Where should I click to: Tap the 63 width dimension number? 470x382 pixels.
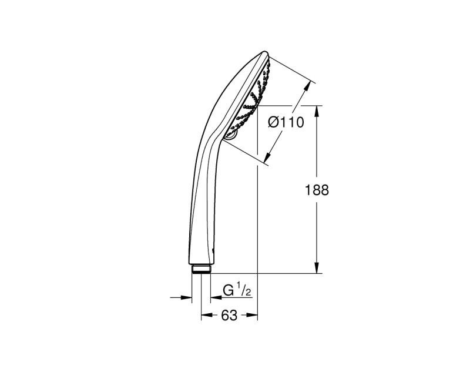click(x=229, y=316)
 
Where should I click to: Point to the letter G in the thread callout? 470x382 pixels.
click(x=229, y=290)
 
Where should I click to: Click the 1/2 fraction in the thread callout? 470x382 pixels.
click(x=243, y=289)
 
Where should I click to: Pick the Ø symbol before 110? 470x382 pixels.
click(x=273, y=123)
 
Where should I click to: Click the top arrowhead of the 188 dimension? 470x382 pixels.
click(x=317, y=111)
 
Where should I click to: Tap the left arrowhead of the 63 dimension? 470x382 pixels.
click(x=206, y=316)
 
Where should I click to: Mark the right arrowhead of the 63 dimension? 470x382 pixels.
click(x=253, y=316)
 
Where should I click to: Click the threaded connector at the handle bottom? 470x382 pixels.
click(x=201, y=270)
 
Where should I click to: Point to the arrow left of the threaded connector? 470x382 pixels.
click(x=187, y=297)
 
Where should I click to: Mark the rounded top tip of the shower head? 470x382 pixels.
click(x=263, y=55)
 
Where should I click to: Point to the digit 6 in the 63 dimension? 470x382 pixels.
click(x=225, y=316)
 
